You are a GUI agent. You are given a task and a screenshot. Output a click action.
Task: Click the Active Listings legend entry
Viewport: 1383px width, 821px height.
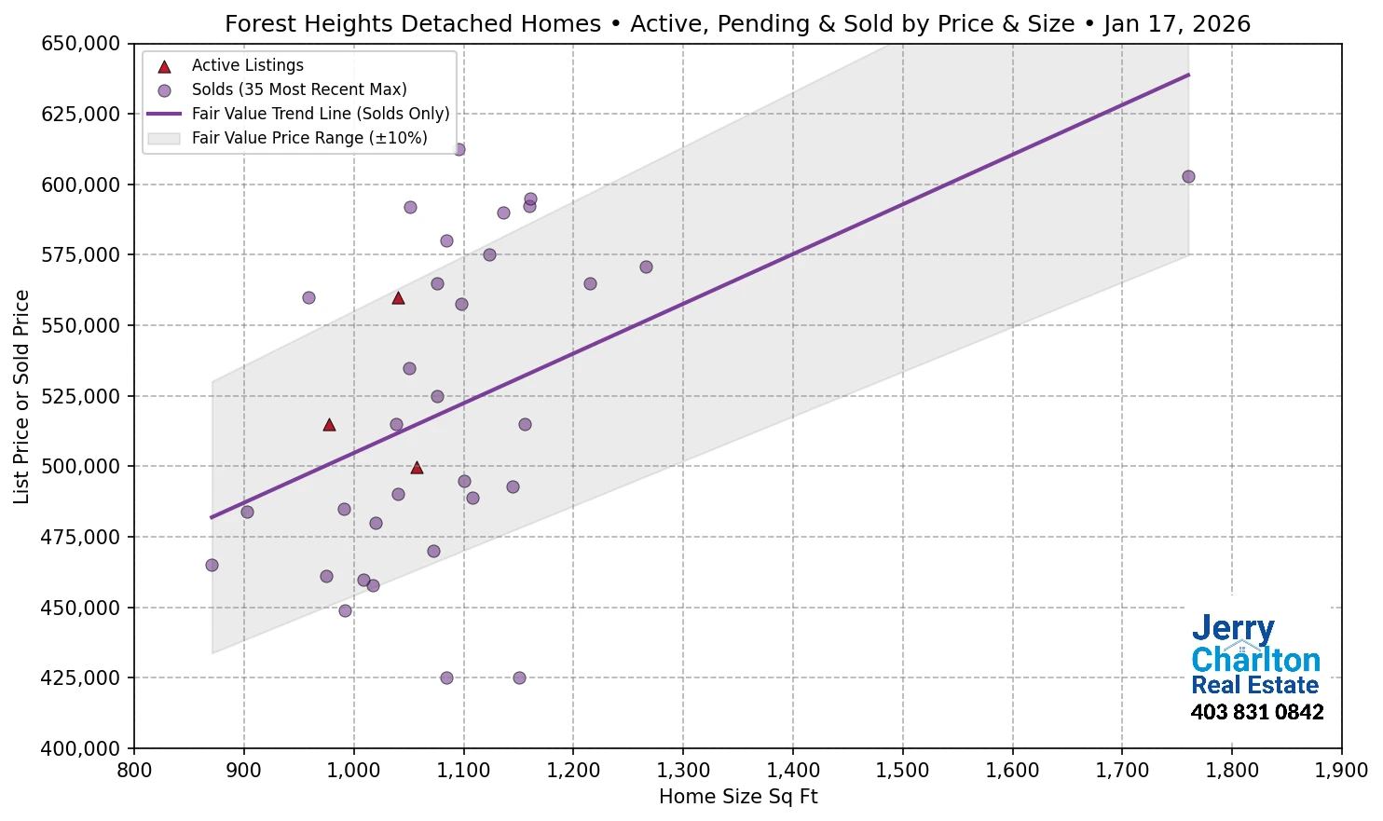point(247,65)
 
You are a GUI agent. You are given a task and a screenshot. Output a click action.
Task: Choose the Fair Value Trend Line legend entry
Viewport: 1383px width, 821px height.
point(320,114)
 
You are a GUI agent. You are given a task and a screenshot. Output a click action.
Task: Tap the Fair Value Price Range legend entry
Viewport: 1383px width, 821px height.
point(308,138)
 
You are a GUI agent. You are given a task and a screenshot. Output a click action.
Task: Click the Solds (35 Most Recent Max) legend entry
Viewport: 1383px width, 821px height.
point(298,89)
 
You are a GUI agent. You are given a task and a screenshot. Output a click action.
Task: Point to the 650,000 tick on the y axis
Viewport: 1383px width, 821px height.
point(81,44)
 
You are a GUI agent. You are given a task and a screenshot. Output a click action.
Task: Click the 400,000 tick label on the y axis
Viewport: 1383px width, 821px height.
point(81,748)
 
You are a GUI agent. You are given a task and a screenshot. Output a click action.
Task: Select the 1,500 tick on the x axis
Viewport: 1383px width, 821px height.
point(902,771)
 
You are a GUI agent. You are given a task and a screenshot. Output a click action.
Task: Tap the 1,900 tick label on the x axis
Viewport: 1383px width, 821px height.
point(1341,771)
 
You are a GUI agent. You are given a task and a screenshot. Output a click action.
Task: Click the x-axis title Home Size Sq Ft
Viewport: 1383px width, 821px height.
point(737,797)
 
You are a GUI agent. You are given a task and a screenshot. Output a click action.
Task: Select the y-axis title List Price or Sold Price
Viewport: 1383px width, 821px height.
point(21,396)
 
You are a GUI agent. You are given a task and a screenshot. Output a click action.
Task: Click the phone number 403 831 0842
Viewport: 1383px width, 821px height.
point(1256,712)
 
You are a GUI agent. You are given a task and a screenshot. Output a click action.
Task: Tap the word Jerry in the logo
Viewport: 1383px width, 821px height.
point(1232,629)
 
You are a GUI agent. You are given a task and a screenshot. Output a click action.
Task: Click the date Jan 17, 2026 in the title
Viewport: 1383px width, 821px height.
point(1177,23)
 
